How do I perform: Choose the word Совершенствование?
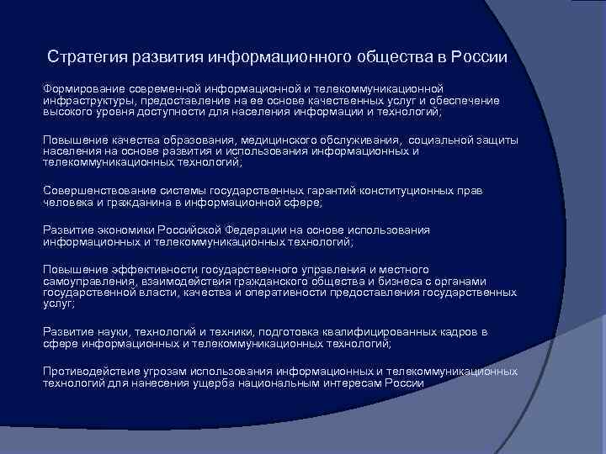(96, 191)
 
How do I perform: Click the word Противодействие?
(91, 372)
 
